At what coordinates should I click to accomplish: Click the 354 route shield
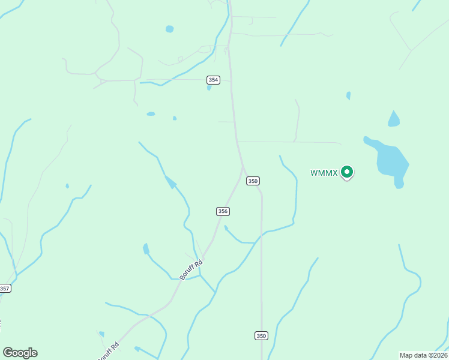coord(213,80)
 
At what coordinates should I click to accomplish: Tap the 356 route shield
coord(223,211)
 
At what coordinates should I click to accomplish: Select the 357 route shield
coord(5,289)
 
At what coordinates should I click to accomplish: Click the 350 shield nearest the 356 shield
coord(253,181)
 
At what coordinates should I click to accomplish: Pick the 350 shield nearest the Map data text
coord(261,335)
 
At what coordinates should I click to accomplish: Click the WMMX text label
coord(324,173)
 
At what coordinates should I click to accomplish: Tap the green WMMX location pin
coord(346,172)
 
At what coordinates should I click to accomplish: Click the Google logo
coord(20,353)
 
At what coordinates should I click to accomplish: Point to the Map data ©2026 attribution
coord(424,355)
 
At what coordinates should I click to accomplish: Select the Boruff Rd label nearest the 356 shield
coord(191,269)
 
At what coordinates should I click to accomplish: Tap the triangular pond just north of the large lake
coord(394,119)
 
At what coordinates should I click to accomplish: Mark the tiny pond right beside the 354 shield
coord(209,88)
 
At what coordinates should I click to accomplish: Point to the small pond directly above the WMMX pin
coord(348,95)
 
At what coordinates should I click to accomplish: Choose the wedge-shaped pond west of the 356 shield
coord(170,182)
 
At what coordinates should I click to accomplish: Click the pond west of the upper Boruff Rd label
coord(146,248)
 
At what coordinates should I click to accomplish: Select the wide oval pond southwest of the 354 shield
coord(151,114)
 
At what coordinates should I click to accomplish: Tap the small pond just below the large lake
coord(399,185)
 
